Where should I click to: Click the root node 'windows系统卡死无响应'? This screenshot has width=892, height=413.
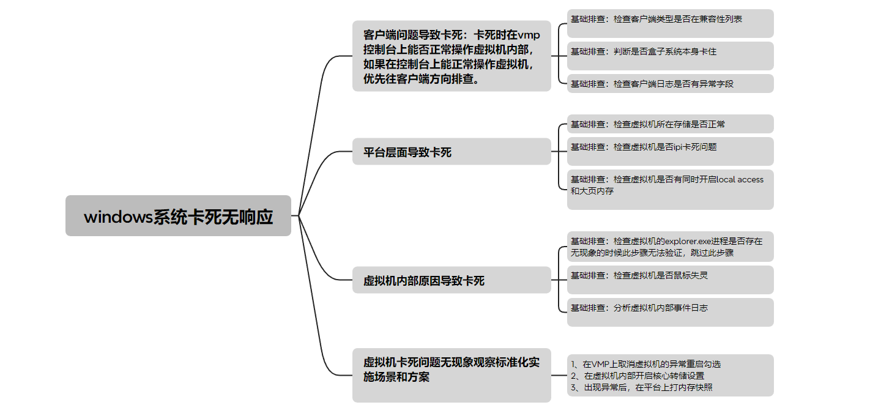tap(178, 215)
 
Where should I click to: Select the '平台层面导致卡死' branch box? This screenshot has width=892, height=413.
tap(452, 151)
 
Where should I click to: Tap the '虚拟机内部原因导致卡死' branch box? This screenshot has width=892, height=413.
tap(452, 280)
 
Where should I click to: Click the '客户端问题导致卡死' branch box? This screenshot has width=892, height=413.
tap(452, 56)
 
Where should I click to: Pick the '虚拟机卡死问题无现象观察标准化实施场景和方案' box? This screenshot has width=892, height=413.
tap(452, 375)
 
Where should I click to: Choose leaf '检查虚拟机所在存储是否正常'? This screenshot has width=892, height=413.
tap(670, 124)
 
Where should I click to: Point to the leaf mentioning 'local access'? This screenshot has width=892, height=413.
tap(670, 190)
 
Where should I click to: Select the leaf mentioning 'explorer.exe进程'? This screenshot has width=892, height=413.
tap(670, 247)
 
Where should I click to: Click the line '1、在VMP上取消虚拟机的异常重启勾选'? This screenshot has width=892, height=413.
tap(645, 364)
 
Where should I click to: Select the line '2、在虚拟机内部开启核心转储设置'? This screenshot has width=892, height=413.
tap(637, 376)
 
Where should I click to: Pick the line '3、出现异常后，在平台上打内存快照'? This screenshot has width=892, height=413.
tap(642, 387)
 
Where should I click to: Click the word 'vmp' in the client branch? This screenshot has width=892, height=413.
tap(529, 35)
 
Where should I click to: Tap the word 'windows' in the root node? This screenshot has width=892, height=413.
tap(118, 217)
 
